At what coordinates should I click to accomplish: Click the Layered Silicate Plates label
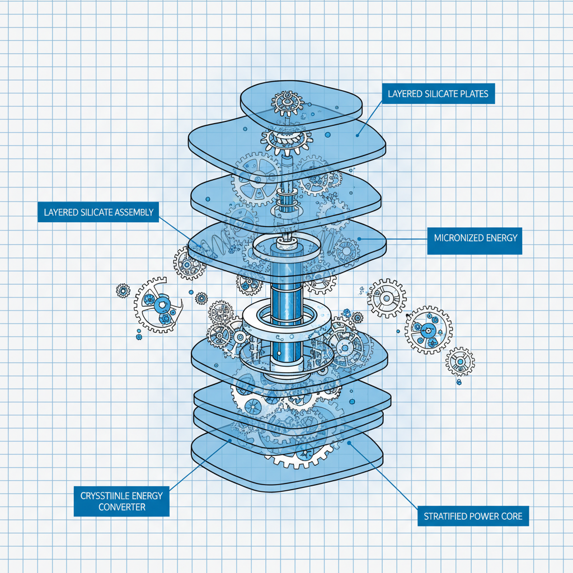[438, 93]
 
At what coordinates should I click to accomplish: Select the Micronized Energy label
[475, 238]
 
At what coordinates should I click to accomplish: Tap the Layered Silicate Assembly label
[98, 212]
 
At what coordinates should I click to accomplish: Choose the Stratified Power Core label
[473, 516]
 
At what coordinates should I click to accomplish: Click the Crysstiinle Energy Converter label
[121, 501]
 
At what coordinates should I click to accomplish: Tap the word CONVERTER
[121, 507]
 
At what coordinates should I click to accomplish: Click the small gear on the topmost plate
[286, 103]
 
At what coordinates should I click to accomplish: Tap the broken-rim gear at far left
[158, 306]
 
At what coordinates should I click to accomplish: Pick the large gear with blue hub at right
[428, 330]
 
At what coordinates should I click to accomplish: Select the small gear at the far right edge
[460, 362]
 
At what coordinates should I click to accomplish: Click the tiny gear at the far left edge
[123, 290]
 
